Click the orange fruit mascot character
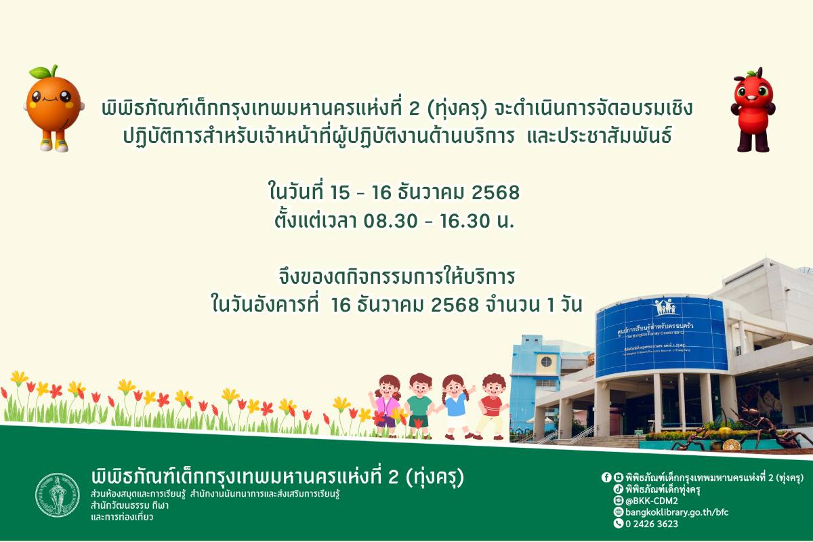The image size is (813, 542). pyautogui.click(x=54, y=105)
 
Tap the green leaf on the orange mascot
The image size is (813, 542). pyautogui.click(x=43, y=72)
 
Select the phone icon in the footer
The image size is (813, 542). pyautogui.click(x=618, y=524)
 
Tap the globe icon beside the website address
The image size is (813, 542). pyautogui.click(x=618, y=512)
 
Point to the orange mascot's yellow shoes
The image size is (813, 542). pyautogui.click(x=54, y=144)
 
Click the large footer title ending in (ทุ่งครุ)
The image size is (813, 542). pyautogui.click(x=278, y=477)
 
